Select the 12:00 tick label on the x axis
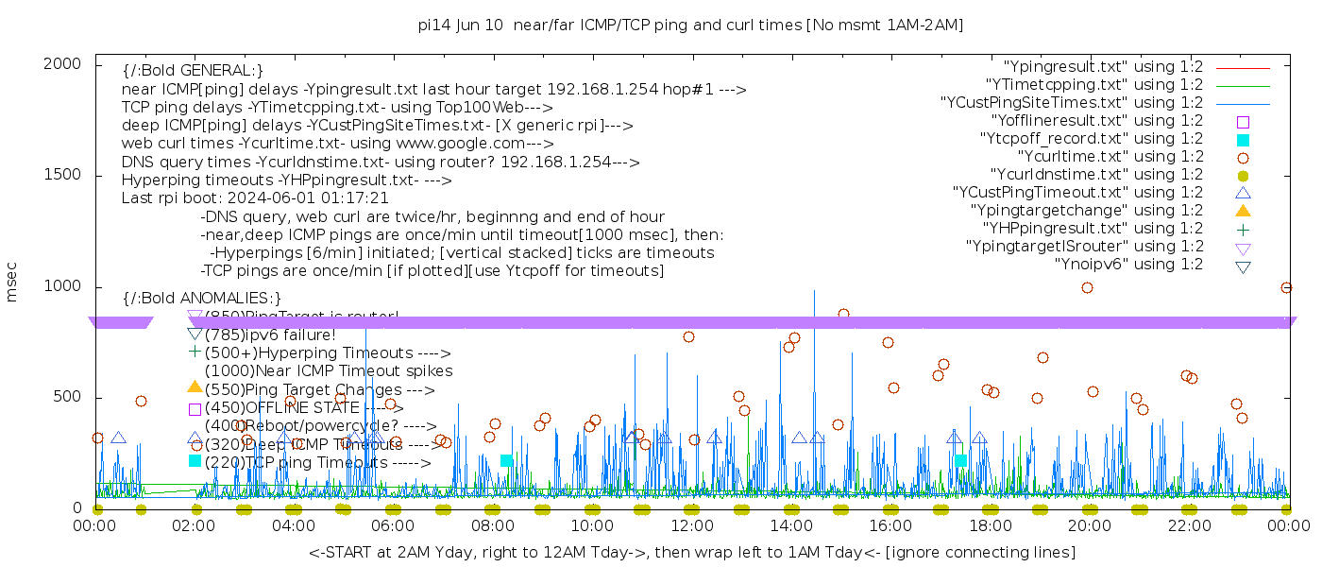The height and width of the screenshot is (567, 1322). click(x=692, y=525)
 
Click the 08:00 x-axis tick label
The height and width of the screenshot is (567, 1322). click(x=493, y=525)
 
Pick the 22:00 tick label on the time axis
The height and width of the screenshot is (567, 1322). click(x=1188, y=525)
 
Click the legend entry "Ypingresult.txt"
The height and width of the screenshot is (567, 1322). click(x=1103, y=67)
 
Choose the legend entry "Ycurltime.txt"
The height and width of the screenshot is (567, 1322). click(x=1110, y=156)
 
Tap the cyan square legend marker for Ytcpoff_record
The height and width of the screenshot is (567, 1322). click(x=1244, y=139)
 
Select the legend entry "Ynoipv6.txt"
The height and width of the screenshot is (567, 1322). click(x=1128, y=264)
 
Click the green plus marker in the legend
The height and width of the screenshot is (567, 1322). click(x=1244, y=228)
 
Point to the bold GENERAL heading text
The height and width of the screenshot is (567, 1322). click(x=193, y=71)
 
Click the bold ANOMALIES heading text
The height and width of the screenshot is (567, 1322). click(x=202, y=298)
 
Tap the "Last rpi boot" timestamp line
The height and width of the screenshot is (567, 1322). click(x=255, y=198)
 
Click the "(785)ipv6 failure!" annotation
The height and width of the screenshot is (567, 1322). click(x=270, y=334)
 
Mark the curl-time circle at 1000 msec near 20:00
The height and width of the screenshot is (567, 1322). click(x=1087, y=287)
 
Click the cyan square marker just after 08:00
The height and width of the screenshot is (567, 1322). click(x=506, y=460)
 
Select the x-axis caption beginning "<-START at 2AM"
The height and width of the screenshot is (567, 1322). click(x=692, y=552)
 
